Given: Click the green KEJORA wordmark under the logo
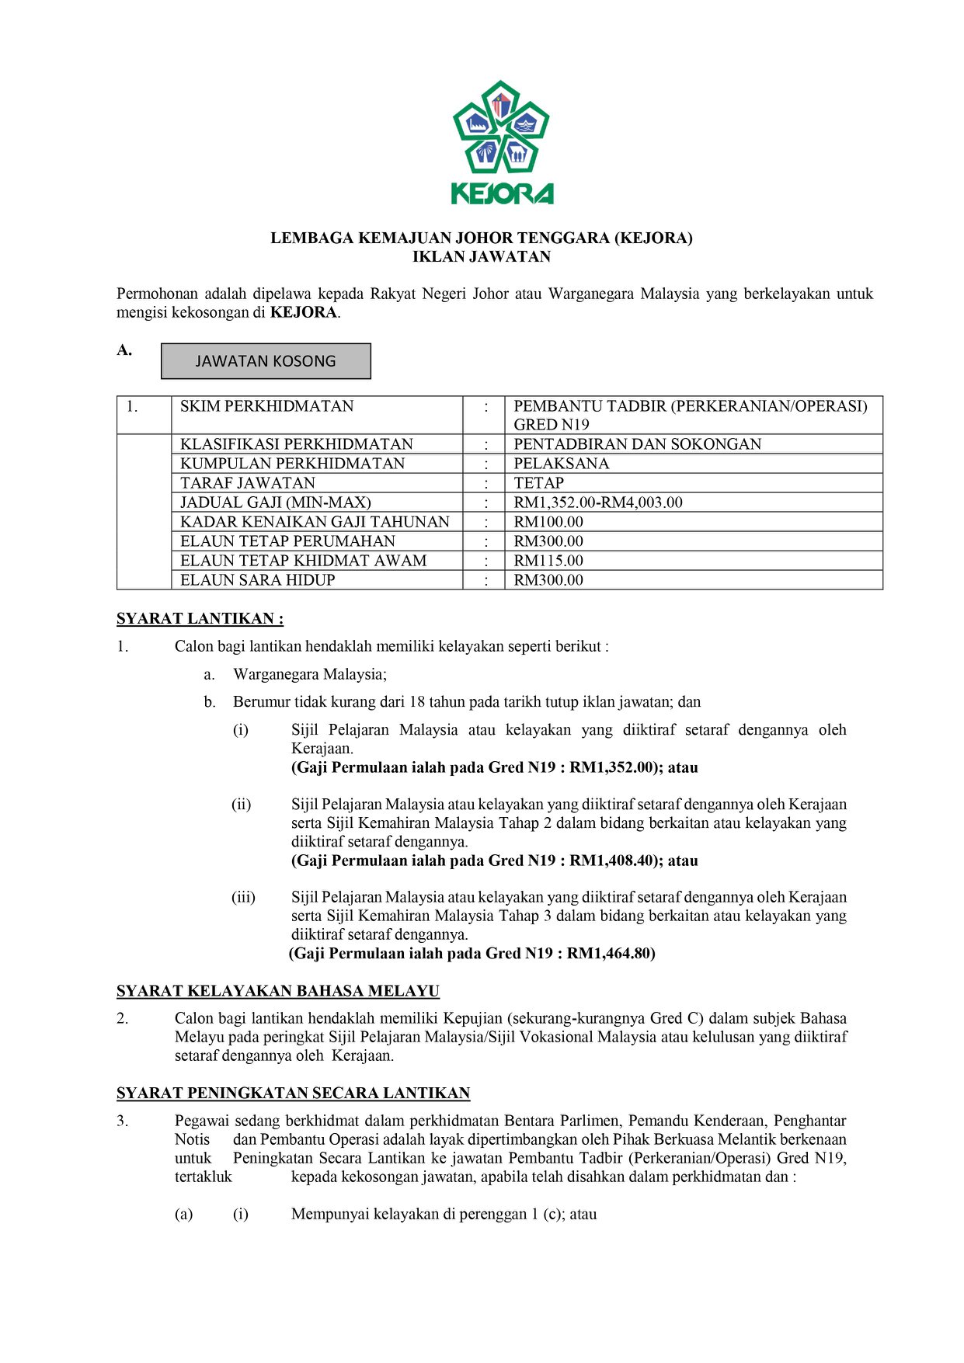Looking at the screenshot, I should click(502, 193).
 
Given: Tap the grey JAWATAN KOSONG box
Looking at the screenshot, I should click(266, 361).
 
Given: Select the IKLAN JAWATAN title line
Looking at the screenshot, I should click(481, 257).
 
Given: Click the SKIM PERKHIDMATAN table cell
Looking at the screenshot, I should click(266, 406).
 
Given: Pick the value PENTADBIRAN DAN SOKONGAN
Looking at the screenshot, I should click(637, 444).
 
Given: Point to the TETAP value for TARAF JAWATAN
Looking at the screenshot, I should click(538, 483).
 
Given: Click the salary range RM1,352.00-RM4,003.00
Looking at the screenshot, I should click(597, 502).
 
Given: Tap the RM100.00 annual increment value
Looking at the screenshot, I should click(548, 522).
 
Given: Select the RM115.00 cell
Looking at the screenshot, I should click(548, 561).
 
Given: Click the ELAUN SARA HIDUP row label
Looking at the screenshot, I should click(257, 580).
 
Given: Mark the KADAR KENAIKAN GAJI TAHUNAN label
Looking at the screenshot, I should click(315, 522).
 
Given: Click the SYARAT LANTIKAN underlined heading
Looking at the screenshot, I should click(200, 619).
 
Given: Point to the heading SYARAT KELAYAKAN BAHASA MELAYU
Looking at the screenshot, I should click(277, 991).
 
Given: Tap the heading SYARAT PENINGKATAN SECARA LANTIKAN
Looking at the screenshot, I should click(293, 1094).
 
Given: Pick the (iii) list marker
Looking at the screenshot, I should click(243, 898).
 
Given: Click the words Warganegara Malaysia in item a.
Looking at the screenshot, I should click(308, 674).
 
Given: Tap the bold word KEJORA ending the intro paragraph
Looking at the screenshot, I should click(303, 313).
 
